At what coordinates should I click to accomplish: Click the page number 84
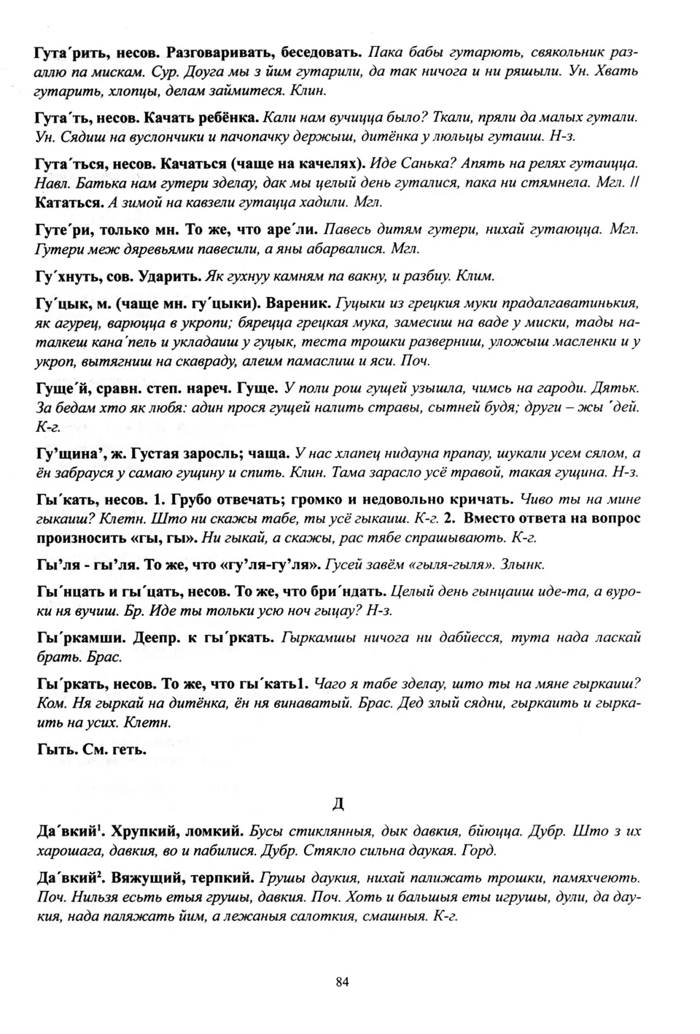click(x=343, y=981)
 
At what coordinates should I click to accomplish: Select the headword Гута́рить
click(x=66, y=53)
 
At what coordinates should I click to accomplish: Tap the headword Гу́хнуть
click(x=63, y=277)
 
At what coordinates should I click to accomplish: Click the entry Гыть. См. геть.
click(x=90, y=749)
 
